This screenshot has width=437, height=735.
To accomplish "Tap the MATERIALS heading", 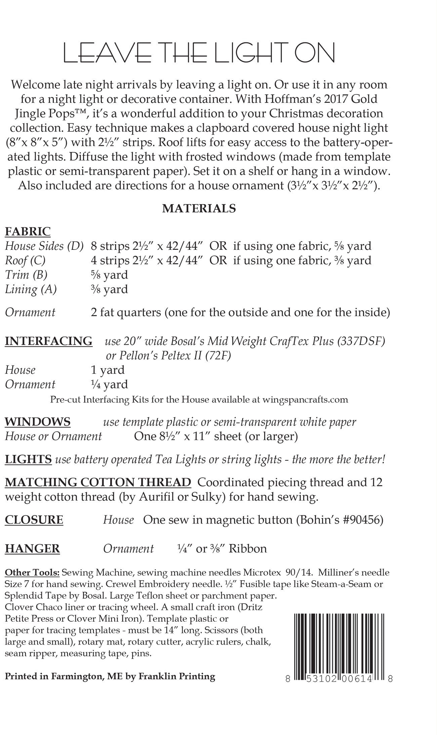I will (x=199, y=208).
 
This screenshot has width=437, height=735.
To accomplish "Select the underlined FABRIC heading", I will (x=28, y=231).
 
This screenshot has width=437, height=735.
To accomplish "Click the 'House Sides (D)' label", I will (x=44, y=246).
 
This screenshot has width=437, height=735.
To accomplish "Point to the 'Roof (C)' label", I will (x=25, y=261).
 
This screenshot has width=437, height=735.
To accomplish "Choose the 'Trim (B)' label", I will (x=26, y=275).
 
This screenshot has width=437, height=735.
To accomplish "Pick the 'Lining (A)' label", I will (x=31, y=289).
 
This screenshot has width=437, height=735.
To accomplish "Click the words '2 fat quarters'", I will (x=126, y=312).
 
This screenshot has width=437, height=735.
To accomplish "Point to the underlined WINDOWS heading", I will (x=38, y=421).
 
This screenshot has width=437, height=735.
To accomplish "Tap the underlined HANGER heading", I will (x=32, y=548).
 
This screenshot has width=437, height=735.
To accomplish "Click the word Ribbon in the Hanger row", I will (x=248, y=548).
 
